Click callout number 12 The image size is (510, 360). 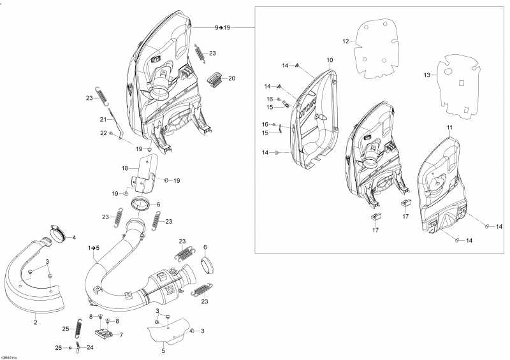(x=346, y=41)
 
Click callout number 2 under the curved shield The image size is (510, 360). (x=35, y=322)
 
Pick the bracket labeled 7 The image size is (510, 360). (x=105, y=333)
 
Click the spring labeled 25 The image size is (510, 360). (x=78, y=326)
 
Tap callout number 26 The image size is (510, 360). (x=58, y=348)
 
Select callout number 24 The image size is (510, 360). (x=90, y=347)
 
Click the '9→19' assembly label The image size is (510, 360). (x=222, y=27)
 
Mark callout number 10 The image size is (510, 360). (x=330, y=60)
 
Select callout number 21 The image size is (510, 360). (x=103, y=119)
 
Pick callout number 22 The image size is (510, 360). (x=103, y=133)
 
